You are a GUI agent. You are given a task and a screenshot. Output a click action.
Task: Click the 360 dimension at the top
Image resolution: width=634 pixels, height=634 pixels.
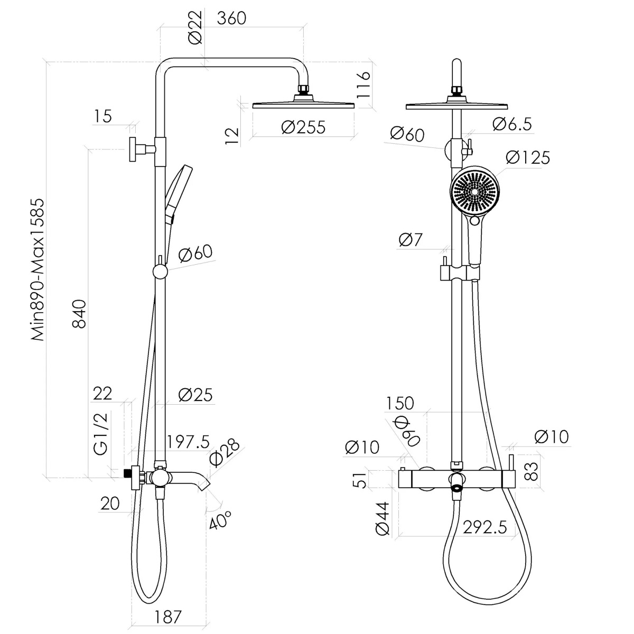tap(231, 18)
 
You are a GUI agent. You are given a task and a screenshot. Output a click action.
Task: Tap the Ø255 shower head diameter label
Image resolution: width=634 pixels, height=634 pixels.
tap(303, 127)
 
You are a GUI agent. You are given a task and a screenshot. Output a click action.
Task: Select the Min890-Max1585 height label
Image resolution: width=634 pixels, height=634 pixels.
tap(37, 269)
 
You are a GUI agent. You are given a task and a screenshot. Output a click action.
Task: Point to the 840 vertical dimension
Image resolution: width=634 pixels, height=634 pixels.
tap(79, 313)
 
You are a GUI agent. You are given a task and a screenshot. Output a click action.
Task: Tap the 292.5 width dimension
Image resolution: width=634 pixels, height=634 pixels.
tap(484, 528)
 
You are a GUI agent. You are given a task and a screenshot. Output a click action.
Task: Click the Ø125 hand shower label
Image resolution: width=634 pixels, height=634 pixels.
tap(528, 157)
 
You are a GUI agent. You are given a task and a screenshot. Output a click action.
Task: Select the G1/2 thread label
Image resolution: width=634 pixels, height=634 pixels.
tap(101, 434)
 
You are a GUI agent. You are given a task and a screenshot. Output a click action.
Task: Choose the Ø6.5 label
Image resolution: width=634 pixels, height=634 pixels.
tap(512, 124)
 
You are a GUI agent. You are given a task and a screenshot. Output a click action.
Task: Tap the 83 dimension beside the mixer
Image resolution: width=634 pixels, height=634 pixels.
tap(530, 472)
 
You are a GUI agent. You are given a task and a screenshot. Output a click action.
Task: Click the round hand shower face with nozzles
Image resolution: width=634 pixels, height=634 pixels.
tap(474, 191)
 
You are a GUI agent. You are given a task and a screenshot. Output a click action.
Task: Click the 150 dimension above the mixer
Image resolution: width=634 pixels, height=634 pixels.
tap(400, 404)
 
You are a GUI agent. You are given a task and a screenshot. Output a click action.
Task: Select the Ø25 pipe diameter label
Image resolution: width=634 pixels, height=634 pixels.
tap(195, 395)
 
